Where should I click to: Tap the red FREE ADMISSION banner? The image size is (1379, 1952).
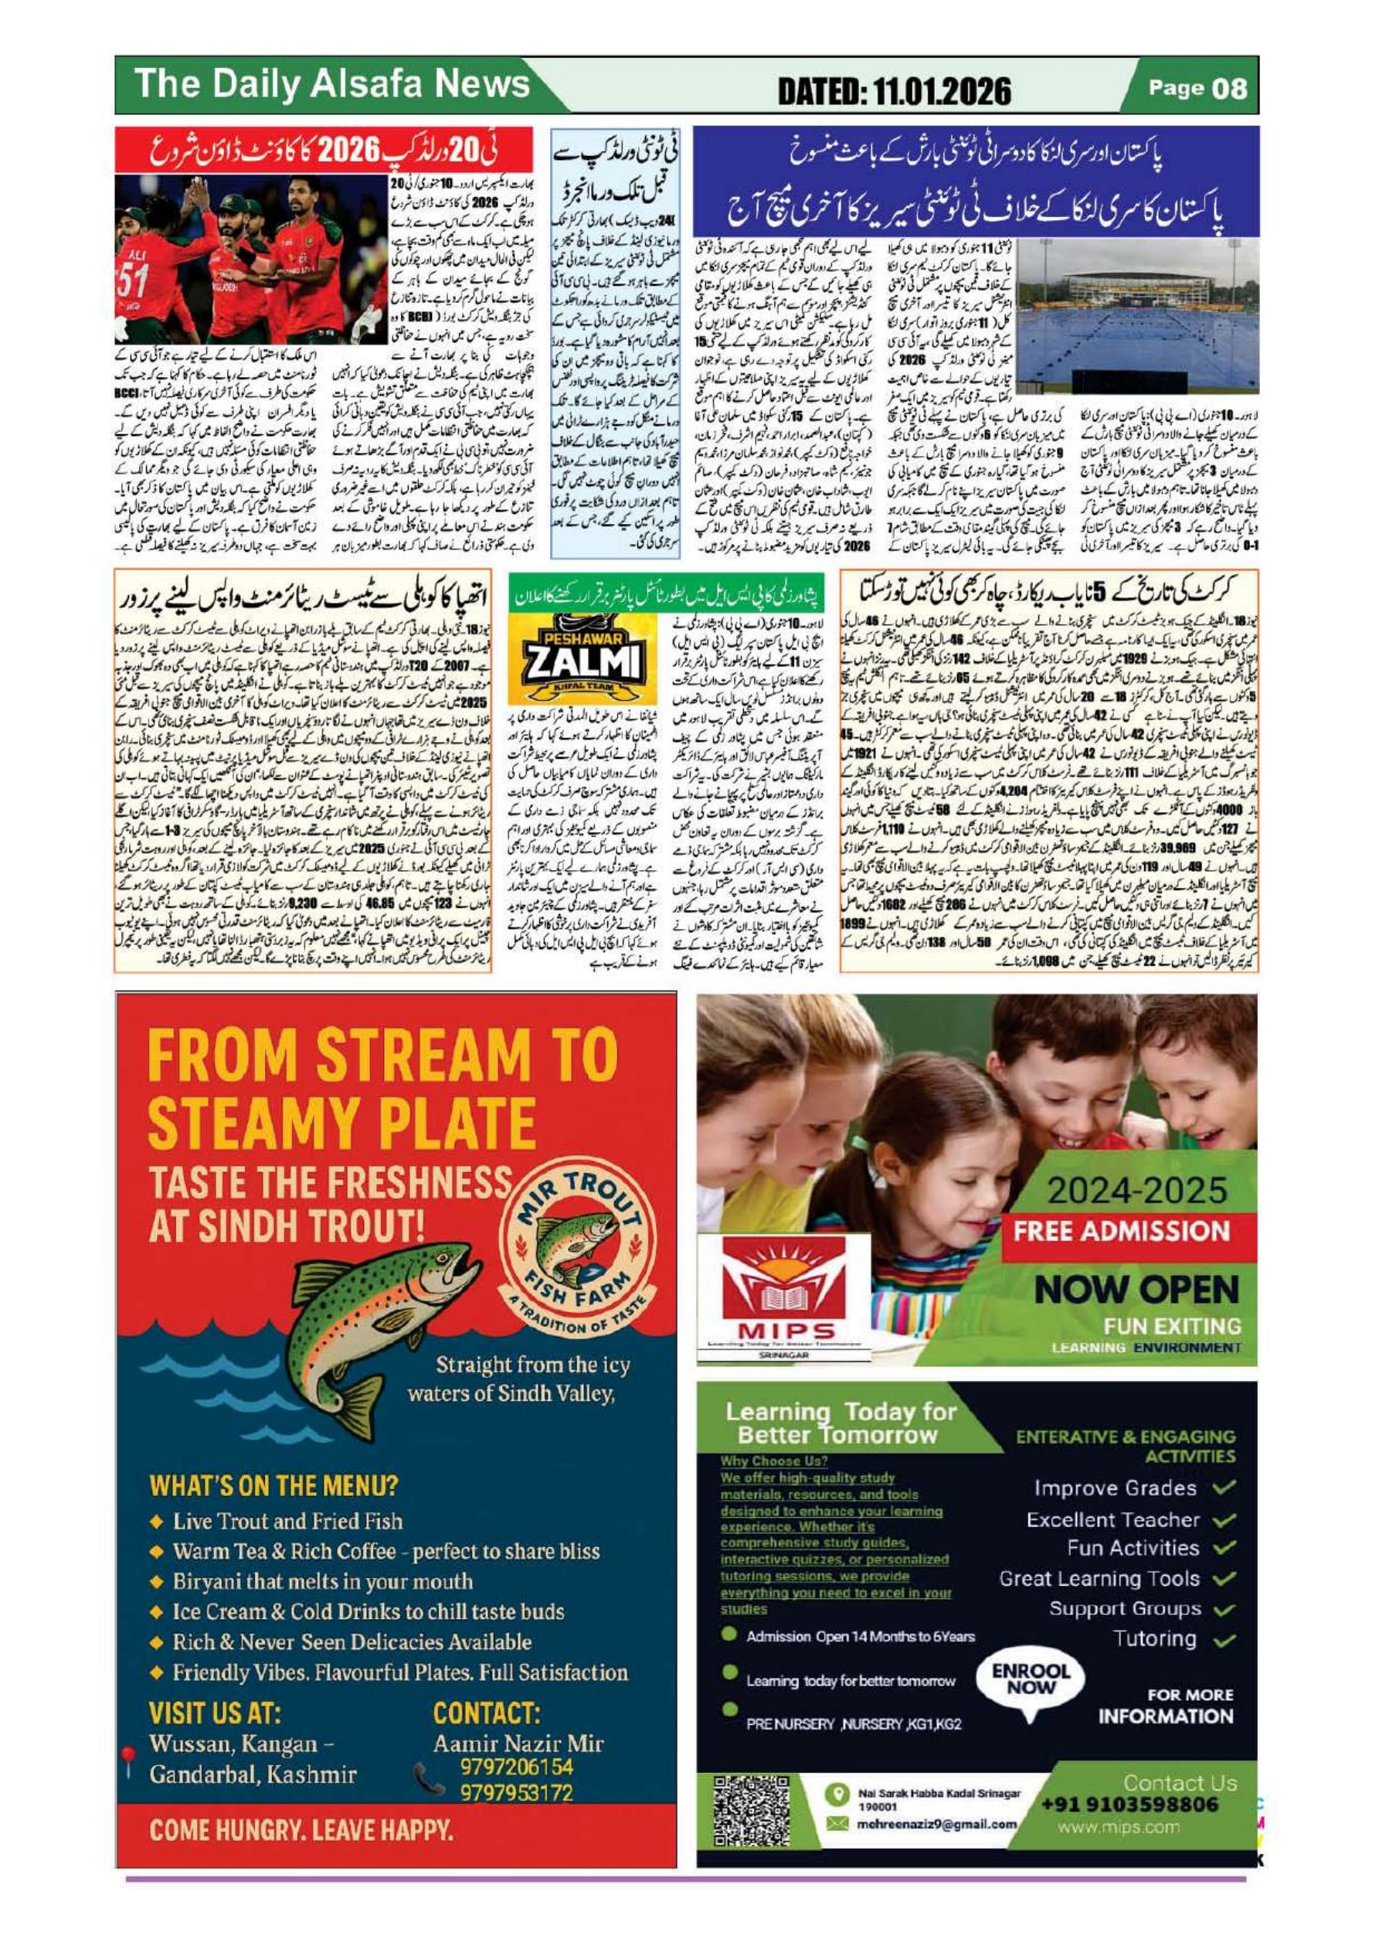(x=1123, y=1230)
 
